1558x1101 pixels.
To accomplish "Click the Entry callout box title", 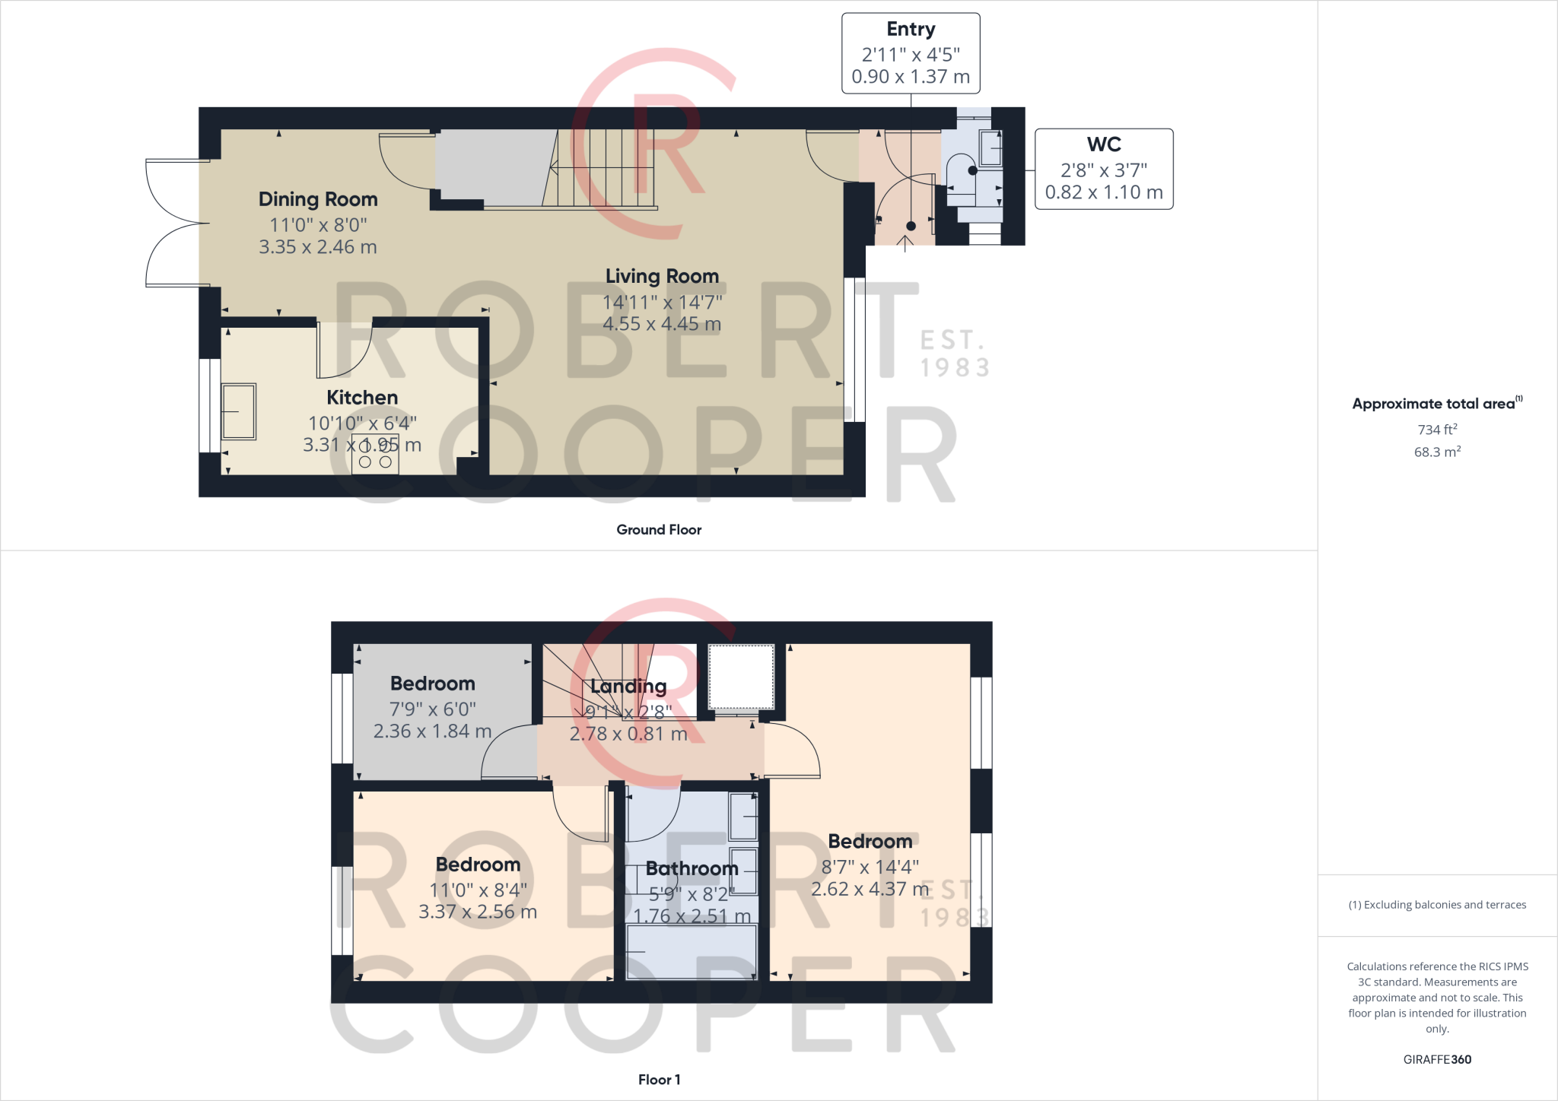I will [911, 30].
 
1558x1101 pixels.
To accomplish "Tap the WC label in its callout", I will [1104, 144].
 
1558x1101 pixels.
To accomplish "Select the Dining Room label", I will [318, 199].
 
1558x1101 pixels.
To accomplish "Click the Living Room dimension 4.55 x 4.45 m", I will [662, 324].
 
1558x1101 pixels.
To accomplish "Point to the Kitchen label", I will [362, 398].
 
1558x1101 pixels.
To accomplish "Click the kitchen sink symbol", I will [239, 411].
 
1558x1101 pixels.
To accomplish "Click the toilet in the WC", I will [962, 171].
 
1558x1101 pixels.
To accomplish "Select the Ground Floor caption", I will [659, 530].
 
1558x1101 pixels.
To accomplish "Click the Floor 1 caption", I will [659, 1080].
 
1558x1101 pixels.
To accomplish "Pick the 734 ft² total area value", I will [1437, 430].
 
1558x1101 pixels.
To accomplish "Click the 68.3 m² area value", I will [1437, 452].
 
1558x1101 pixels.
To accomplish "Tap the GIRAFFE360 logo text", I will [1437, 1059].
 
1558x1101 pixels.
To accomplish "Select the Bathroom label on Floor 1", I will [692, 868].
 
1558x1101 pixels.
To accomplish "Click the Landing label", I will [628, 687].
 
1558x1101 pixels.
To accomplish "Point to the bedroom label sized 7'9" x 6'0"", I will [432, 684].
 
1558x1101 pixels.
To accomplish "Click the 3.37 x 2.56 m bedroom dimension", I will [478, 912].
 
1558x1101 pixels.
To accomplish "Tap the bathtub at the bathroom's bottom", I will [692, 952].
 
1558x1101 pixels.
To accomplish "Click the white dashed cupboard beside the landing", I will [741, 677].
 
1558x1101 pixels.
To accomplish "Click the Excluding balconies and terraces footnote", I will [1437, 905].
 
